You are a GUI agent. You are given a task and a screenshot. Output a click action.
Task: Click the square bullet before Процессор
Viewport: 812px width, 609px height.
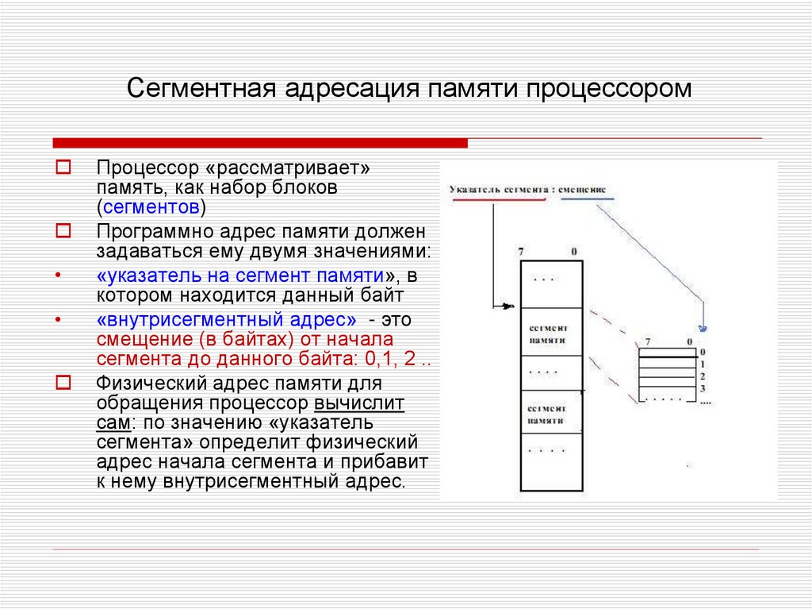[x=63, y=168]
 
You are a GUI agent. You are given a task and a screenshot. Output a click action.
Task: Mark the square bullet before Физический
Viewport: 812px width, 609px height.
[x=63, y=382]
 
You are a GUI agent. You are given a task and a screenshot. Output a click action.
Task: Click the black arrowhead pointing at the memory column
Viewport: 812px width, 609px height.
[x=508, y=306]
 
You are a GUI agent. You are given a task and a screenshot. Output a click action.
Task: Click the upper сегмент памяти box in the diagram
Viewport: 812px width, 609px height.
[x=548, y=333]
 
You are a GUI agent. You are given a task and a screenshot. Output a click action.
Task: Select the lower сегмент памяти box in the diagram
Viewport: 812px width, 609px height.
[x=548, y=414]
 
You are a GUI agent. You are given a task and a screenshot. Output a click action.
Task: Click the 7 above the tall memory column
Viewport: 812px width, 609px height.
[x=521, y=252]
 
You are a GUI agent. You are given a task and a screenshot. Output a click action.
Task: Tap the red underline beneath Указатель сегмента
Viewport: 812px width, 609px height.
[x=498, y=199]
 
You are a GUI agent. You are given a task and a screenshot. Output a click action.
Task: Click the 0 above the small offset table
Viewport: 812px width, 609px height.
[x=690, y=342]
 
